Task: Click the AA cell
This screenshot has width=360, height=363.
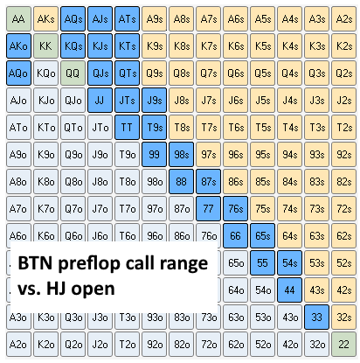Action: (18, 19)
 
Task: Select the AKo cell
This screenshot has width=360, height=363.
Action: (18, 46)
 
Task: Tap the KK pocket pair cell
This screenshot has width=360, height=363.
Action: (45, 46)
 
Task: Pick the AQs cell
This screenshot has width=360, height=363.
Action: (73, 19)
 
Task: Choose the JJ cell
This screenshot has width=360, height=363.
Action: (100, 101)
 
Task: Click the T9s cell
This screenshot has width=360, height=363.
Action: (154, 128)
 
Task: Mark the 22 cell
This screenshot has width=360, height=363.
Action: (344, 345)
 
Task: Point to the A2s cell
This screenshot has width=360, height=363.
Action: (344, 19)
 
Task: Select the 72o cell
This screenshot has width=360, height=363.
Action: (209, 345)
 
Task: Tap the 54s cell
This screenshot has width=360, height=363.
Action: (290, 263)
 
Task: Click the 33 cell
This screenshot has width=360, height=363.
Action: (317, 318)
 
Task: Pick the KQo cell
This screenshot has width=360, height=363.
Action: (45, 73)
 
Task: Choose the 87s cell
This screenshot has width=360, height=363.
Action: (209, 182)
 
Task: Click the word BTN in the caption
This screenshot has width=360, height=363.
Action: (36, 263)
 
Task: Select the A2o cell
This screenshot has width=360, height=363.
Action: (18, 345)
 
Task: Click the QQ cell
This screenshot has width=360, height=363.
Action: (73, 73)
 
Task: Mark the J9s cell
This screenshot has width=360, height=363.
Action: (154, 101)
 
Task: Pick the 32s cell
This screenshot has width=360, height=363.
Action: (344, 318)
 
